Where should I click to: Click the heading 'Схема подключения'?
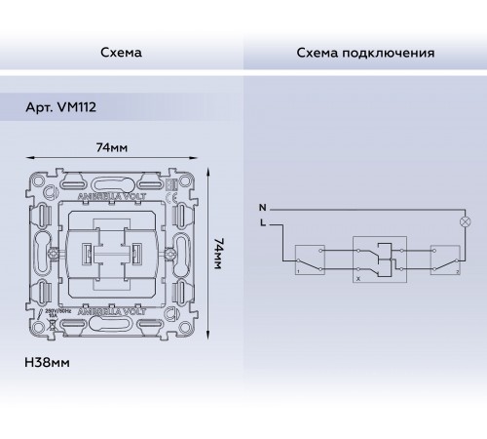pyautogui.click(x=365, y=52)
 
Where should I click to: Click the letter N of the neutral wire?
pyautogui.click(x=260, y=209)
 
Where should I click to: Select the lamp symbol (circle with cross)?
pyautogui.click(x=464, y=223)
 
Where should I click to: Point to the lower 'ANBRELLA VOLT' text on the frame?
pyautogui.click(x=112, y=312)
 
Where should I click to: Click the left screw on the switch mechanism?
pyautogui.click(x=56, y=253)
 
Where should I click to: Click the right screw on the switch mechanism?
pyautogui.click(x=169, y=254)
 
